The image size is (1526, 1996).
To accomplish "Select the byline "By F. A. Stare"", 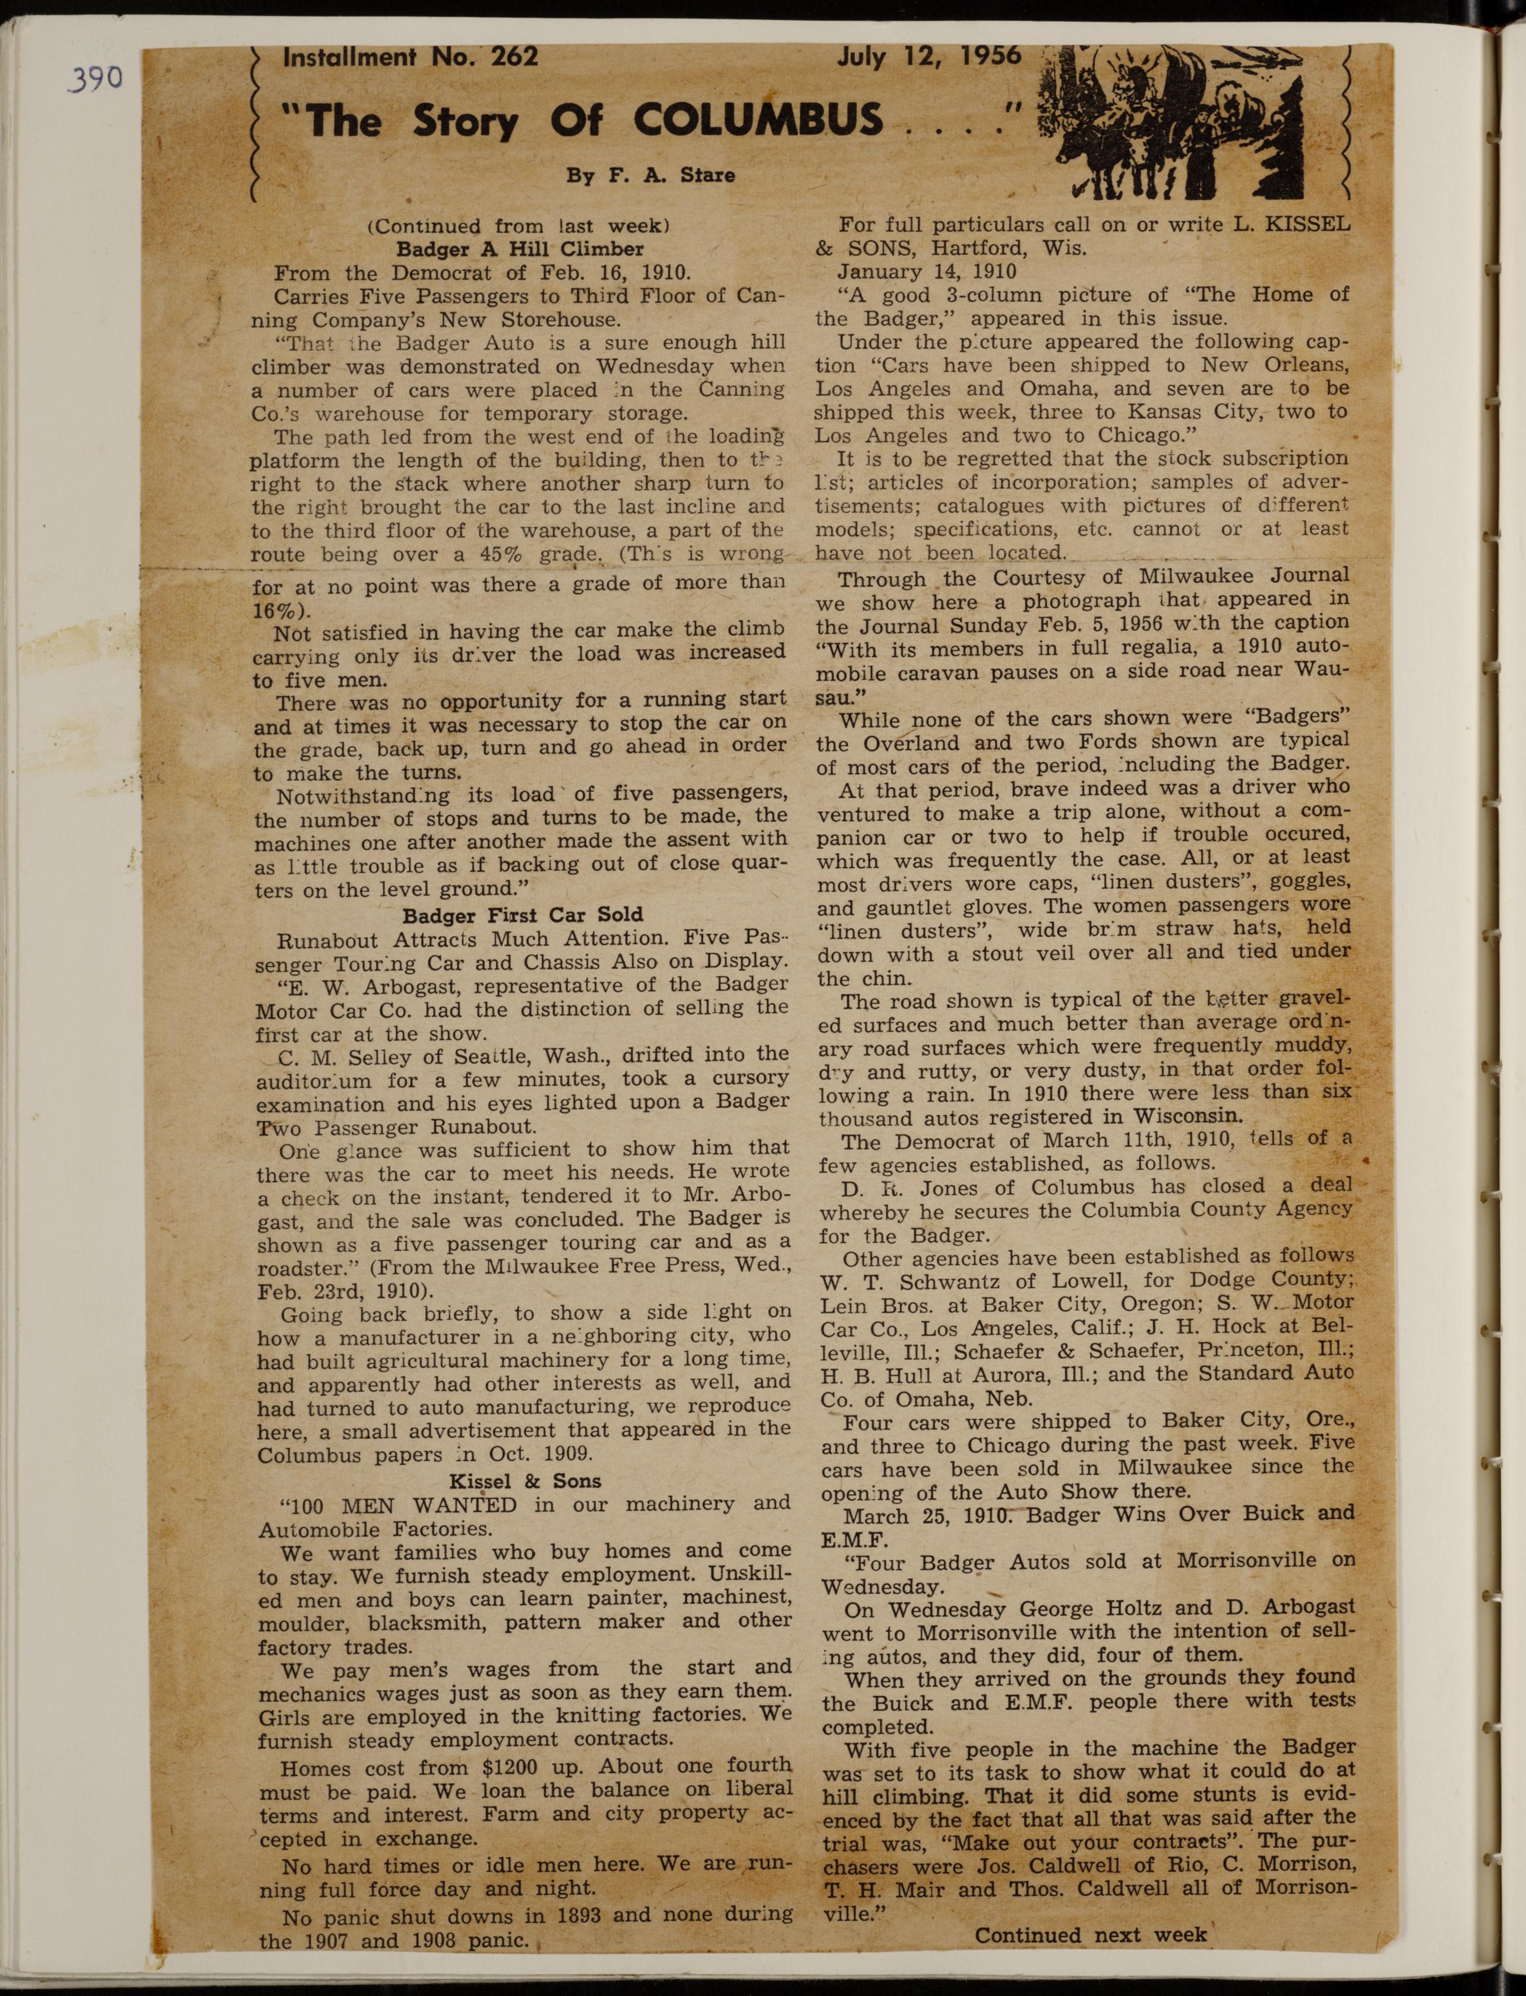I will pos(650,175).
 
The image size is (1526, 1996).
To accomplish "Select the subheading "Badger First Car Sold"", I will pos(522,914).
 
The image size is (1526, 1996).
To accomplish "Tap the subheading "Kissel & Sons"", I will pos(525,1480).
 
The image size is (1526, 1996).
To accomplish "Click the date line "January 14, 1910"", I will pos(927,271).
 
